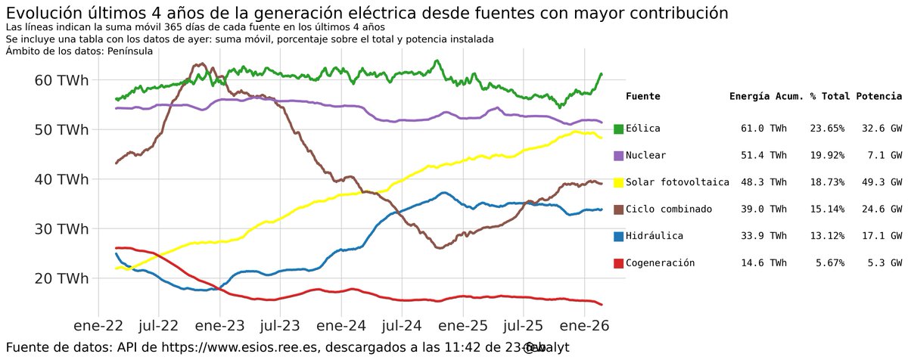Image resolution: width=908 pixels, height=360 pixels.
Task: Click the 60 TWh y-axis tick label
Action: [61, 80]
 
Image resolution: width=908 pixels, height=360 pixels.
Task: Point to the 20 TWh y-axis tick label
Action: [61, 279]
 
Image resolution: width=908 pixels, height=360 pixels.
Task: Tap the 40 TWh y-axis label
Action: [61, 180]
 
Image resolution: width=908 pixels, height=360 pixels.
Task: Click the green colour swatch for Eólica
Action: [618, 129]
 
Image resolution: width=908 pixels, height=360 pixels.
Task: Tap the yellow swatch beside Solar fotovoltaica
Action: [618, 182]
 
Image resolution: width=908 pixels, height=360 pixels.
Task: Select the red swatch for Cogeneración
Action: [618, 263]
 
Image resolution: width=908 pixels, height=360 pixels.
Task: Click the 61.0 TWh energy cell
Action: [765, 129]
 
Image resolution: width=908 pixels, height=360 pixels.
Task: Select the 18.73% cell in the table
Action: [827, 182]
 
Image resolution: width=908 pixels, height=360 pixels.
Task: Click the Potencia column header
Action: [878, 97]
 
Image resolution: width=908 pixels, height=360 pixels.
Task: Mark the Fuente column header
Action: [643, 97]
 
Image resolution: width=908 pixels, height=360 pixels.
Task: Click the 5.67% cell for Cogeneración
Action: [830, 263]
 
